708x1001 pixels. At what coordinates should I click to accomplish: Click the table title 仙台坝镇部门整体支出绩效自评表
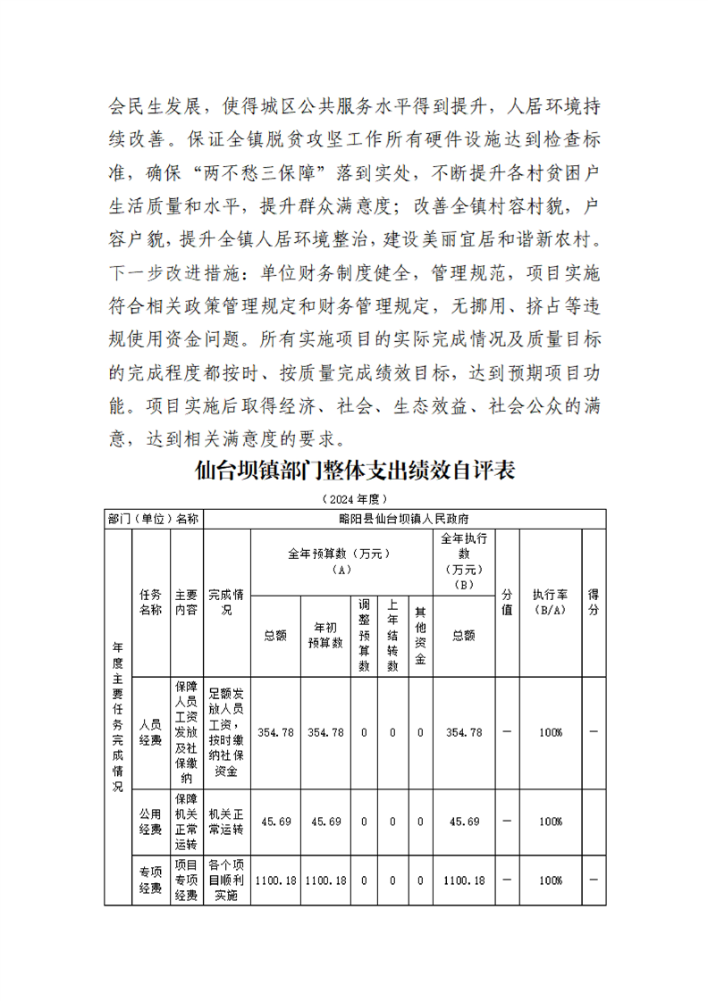coord(355,471)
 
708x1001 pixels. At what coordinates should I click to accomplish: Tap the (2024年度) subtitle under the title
coord(354,498)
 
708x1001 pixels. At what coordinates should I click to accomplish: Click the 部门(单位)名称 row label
coord(153,518)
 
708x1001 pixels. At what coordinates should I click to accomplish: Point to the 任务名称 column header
coord(150,602)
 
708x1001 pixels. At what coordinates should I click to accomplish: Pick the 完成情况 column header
coord(227,602)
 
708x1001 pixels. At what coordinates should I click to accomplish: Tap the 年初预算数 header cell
coord(325,635)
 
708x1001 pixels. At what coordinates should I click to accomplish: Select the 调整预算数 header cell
coord(364,635)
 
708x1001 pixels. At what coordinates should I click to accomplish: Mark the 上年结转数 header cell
coord(392,635)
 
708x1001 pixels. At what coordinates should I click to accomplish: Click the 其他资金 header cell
coord(420,635)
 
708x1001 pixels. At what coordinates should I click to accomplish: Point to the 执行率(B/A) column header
coord(550,602)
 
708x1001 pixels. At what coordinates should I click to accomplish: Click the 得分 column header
coord(594,602)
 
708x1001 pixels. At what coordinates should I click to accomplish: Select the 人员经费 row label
coord(150,732)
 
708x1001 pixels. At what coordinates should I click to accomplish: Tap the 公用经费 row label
coord(150,822)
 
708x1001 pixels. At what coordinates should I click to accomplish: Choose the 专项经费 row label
coord(150,880)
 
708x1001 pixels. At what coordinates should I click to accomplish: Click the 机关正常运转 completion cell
coord(227,822)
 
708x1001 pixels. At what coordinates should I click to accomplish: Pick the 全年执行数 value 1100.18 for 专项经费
coord(464,880)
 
